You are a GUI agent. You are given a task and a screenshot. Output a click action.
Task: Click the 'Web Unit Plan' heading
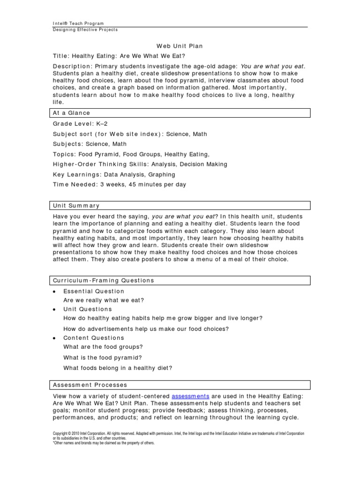(180, 46)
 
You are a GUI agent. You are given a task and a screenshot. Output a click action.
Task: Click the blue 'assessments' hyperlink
(190, 396)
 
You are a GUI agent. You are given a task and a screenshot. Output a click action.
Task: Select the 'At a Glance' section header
(71, 113)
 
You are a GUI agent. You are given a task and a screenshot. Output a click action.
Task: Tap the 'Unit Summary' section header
(76, 205)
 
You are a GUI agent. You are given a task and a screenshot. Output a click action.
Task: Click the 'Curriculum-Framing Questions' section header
(103, 280)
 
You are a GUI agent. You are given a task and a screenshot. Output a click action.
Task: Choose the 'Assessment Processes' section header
(90, 385)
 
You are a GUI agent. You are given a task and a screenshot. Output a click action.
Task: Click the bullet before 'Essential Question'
(54, 292)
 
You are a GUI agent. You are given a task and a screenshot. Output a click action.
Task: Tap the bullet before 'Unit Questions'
(54, 309)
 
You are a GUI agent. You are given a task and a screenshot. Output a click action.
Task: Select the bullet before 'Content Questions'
(54, 338)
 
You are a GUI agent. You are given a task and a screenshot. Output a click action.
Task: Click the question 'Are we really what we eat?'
(104, 300)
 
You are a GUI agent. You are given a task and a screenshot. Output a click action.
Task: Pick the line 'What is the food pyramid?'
(103, 357)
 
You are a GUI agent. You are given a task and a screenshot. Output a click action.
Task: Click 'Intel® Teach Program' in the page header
(78, 23)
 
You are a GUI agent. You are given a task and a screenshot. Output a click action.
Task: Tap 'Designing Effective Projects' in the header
(85, 30)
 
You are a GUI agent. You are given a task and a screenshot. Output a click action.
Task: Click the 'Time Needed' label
(74, 184)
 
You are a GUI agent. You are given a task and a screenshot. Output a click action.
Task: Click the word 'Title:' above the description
(61, 56)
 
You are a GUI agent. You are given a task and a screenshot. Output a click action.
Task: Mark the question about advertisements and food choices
(146, 329)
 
